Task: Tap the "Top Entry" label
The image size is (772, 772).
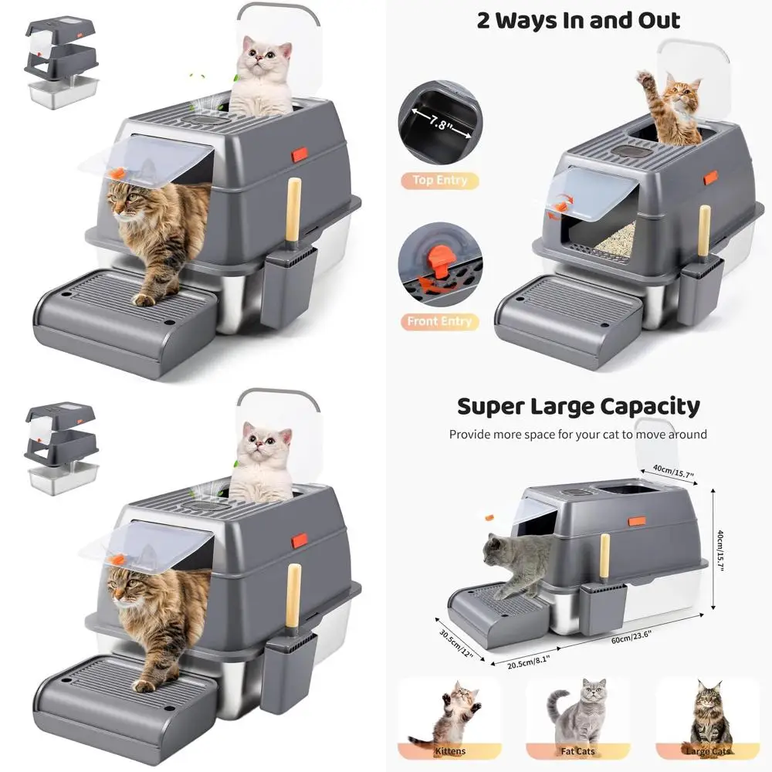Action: pos(439,180)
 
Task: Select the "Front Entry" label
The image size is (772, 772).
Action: pos(439,321)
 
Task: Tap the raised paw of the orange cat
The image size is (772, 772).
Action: pos(645,78)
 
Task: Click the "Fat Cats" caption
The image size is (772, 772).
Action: pos(577,750)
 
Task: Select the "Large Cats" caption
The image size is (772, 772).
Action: pos(706,750)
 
